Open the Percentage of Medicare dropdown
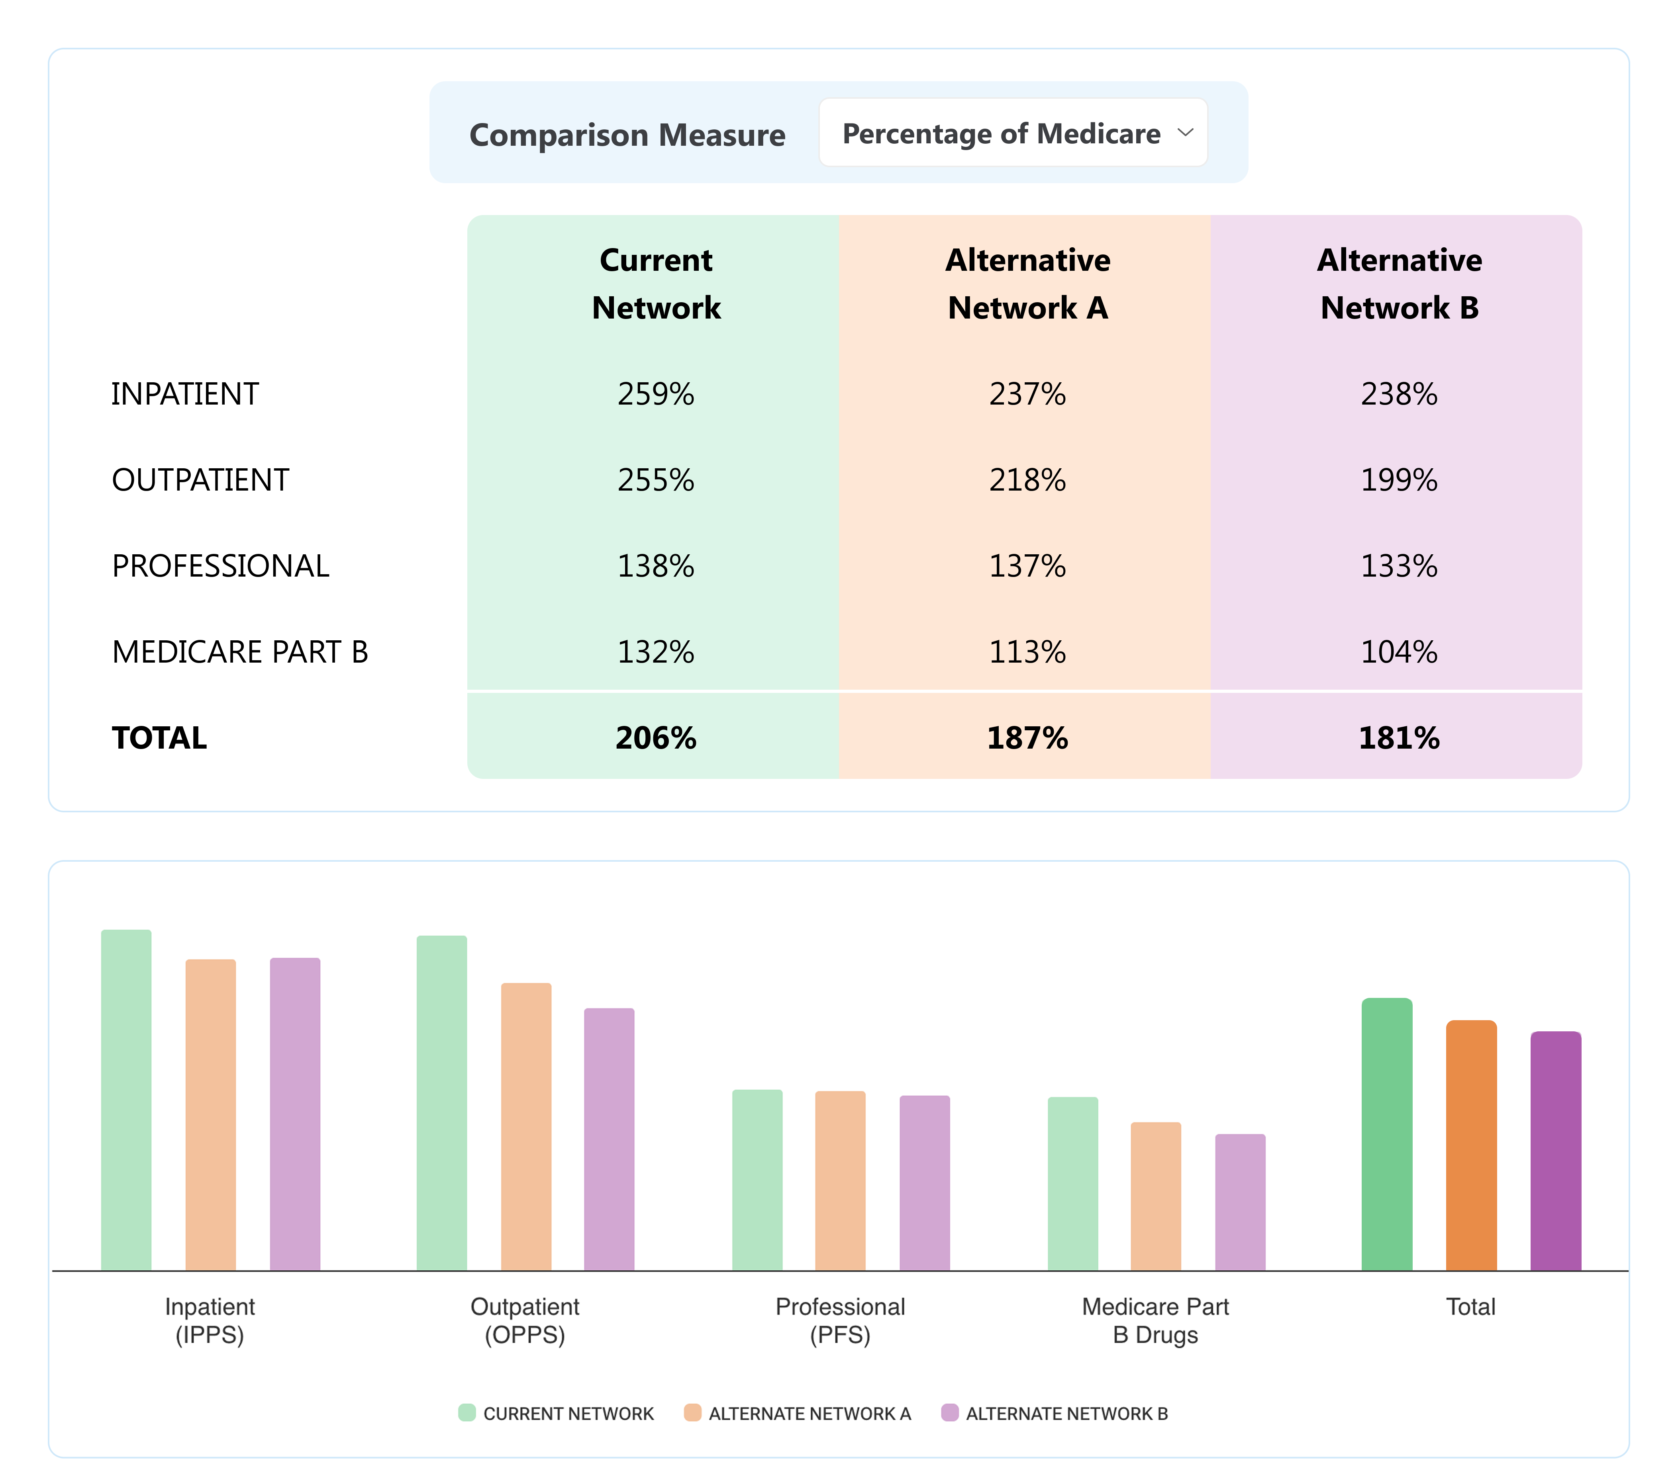1013,133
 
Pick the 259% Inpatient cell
656,394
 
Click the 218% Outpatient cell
1027,480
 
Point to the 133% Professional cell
1399,566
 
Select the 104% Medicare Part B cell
1399,652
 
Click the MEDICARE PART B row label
240,652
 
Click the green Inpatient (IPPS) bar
126,1099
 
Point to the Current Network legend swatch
467,1412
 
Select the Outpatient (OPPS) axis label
525,1320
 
